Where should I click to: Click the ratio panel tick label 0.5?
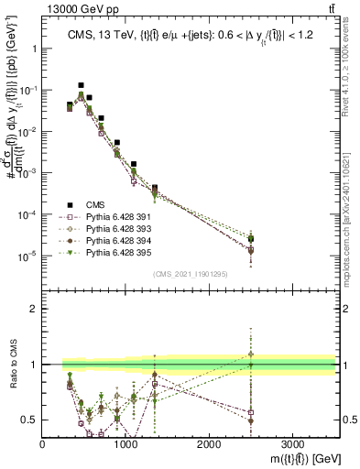[x=29, y=420]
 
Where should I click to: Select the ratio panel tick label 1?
[x=33, y=365]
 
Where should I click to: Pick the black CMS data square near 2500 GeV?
[x=251, y=239]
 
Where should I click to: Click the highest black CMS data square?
[x=81, y=85]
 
